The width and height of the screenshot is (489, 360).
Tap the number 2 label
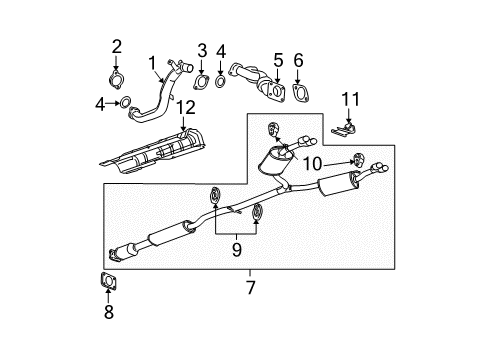coord(117,45)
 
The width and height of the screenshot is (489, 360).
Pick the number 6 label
coord(298,60)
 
